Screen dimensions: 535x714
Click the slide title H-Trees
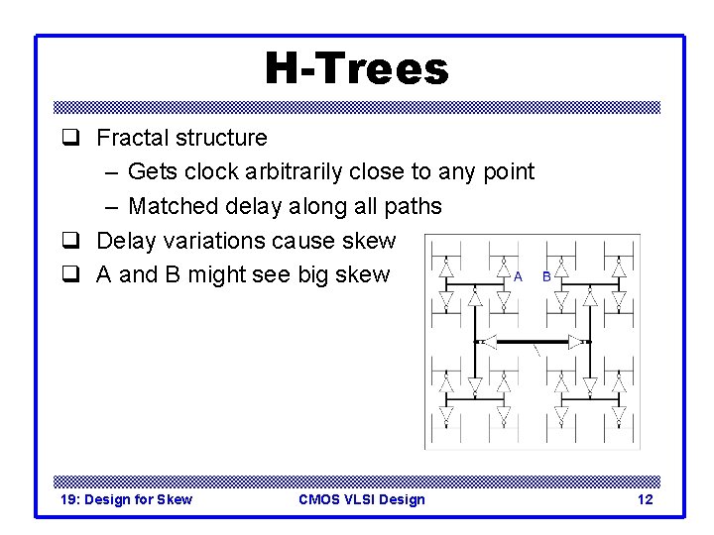point(356,69)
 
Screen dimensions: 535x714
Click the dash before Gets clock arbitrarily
point(109,172)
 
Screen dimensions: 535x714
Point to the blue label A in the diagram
point(518,277)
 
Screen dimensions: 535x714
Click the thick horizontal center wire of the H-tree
point(532,341)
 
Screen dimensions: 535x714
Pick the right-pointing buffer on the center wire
point(575,341)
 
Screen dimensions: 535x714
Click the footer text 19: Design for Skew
point(126,499)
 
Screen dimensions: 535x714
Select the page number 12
point(645,499)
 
